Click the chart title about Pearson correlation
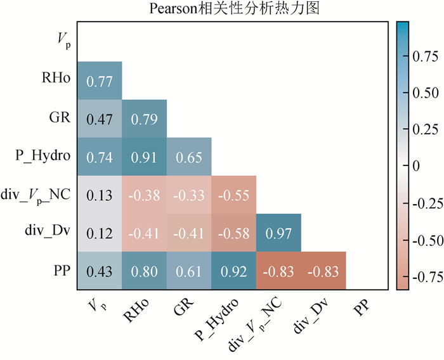222,9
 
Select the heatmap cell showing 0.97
278,232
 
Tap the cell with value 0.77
100,80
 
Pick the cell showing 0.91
145,157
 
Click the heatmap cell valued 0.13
100,195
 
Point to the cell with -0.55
233,195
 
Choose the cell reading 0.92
233,271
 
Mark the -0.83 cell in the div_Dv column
323,271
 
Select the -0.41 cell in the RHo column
145,232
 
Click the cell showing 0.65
189,157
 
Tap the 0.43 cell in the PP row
100,271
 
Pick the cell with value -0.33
189,195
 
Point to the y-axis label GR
60,119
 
